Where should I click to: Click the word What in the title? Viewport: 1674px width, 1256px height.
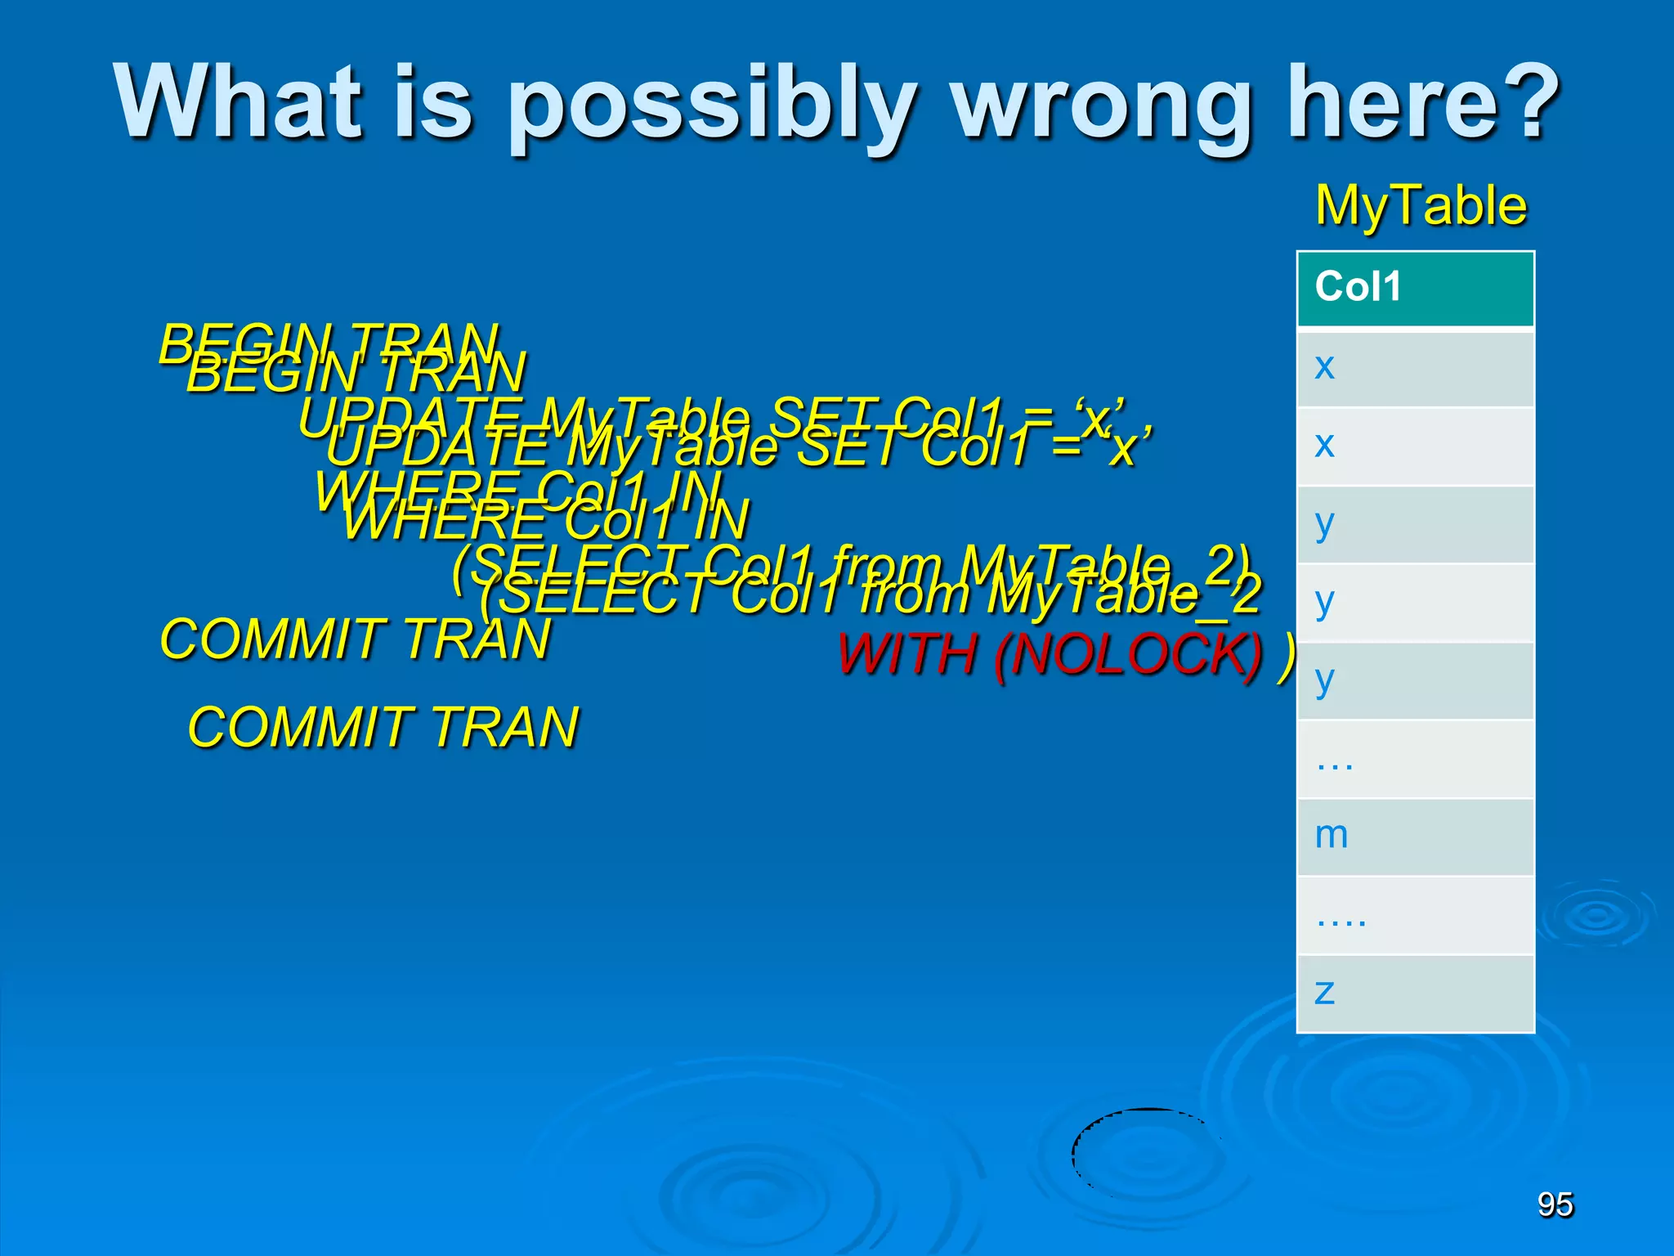(237, 102)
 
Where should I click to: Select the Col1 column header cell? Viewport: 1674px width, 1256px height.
(1416, 289)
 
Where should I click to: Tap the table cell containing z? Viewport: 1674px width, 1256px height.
(1416, 993)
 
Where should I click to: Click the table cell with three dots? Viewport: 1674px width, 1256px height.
(1416, 760)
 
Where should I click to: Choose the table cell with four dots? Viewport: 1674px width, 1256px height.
(1416, 916)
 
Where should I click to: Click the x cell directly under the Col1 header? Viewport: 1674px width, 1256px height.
(1416, 368)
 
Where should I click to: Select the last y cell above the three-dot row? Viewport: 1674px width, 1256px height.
(1416, 681)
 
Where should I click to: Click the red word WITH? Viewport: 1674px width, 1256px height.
(907, 654)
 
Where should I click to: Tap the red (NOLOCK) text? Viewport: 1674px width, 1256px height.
(1128, 654)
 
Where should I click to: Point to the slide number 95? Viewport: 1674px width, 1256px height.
(1555, 1204)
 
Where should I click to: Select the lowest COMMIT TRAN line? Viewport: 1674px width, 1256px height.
(383, 727)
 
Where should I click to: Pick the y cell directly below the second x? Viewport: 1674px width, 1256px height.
(1416, 524)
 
